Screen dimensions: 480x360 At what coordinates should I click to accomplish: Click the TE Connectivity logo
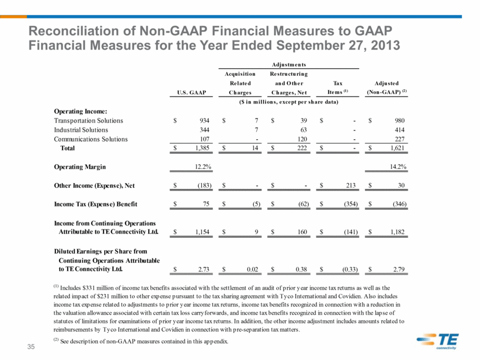click(437, 341)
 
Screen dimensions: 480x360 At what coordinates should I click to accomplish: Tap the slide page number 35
click(31, 347)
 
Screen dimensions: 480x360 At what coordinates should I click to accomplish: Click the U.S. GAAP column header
click(191, 92)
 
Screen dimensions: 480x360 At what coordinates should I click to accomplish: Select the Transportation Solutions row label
click(88, 121)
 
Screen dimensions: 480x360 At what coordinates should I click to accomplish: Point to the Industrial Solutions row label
click(81, 129)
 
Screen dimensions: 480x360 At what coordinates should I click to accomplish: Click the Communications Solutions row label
click(91, 139)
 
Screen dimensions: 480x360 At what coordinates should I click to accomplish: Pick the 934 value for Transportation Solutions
click(204, 121)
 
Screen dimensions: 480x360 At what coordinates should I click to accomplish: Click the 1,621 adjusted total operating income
click(397, 148)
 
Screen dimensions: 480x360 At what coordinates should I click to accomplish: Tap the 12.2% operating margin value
click(203, 166)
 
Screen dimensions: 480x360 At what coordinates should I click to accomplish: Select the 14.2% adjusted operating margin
click(398, 166)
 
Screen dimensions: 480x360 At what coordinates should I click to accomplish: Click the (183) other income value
click(204, 185)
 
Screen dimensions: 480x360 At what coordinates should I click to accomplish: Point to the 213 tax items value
click(351, 185)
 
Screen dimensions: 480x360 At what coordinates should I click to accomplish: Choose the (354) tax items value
click(351, 204)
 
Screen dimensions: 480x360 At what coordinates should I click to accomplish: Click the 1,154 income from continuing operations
click(202, 232)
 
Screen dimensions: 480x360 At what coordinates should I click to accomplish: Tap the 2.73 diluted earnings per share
click(204, 269)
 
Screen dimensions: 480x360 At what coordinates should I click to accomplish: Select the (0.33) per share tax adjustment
click(350, 269)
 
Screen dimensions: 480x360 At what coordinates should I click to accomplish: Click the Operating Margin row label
click(80, 166)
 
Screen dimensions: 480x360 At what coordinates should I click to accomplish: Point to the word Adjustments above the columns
click(289, 65)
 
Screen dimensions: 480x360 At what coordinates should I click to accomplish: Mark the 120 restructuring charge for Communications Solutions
click(302, 139)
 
